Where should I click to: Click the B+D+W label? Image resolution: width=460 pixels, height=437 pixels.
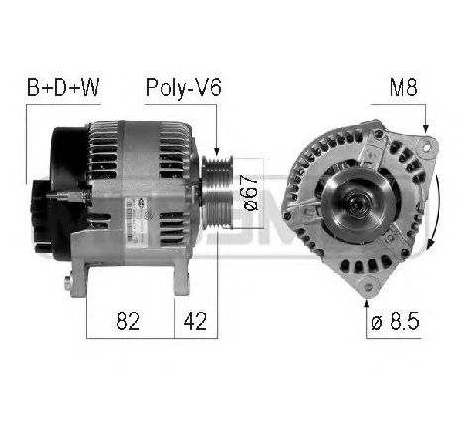62,88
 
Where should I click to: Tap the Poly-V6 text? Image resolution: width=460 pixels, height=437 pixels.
183,88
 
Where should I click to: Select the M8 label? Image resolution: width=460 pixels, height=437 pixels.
403,87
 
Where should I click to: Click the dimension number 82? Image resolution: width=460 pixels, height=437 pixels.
128,321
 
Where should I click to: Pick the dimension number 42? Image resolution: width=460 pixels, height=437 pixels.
195,321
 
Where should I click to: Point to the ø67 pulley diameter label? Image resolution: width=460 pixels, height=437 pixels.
250,193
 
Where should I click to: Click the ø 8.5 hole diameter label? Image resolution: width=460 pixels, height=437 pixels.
396,321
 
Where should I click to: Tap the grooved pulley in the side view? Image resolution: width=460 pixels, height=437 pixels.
218,191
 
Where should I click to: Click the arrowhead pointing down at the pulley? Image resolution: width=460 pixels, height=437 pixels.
217,151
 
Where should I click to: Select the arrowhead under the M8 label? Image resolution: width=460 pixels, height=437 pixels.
426,129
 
